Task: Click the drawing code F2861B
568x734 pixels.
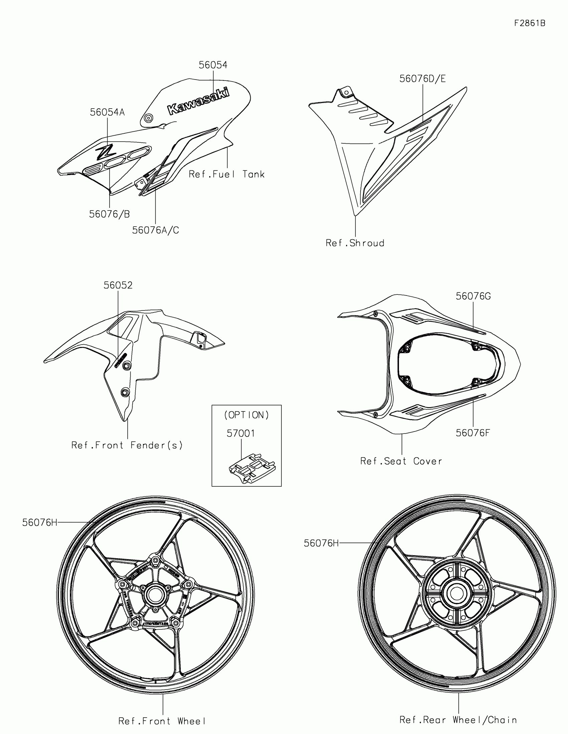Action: click(530, 23)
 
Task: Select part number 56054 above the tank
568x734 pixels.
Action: click(213, 65)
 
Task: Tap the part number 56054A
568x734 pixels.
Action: click(107, 112)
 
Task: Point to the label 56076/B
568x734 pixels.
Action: click(110, 214)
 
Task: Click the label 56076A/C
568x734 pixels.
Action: click(155, 230)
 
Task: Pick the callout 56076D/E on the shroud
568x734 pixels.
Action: click(422, 79)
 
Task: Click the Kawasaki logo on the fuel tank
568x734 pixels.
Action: click(198, 100)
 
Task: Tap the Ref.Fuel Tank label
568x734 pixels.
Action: click(227, 174)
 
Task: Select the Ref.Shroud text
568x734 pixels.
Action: click(355, 243)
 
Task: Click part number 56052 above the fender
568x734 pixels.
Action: click(118, 285)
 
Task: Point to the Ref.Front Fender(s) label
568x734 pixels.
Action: click(127, 445)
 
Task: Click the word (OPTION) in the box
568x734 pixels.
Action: click(247, 415)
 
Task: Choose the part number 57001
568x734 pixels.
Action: click(241, 434)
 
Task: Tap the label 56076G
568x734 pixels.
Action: click(473, 296)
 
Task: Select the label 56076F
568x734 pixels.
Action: click(472, 433)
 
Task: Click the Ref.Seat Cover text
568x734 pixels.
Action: click(401, 461)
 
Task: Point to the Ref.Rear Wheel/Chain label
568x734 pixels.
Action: click(458, 720)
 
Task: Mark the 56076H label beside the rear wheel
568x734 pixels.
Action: click(321, 543)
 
